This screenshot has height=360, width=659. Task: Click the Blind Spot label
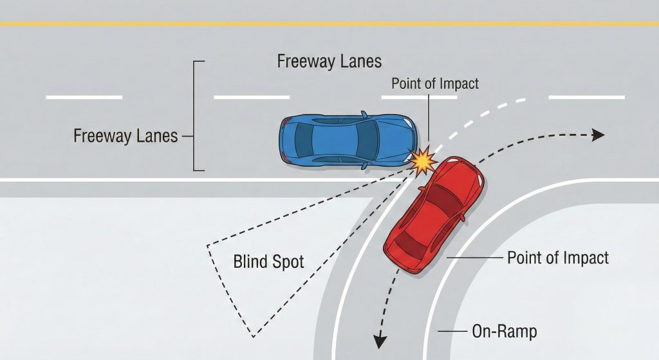tap(268, 262)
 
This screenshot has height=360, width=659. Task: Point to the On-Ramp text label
tap(504, 332)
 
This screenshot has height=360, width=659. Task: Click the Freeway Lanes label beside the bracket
tap(125, 136)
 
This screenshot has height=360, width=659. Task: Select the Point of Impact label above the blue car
tap(435, 84)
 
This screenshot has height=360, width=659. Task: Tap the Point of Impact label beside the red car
tap(557, 258)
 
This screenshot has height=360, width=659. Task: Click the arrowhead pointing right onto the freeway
tap(598, 135)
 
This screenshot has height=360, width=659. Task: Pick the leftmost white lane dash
tap(84, 97)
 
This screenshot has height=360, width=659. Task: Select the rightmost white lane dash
tap(586, 97)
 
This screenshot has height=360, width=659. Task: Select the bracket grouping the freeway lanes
tap(196, 116)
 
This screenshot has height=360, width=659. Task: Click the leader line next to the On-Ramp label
tap(452, 332)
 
